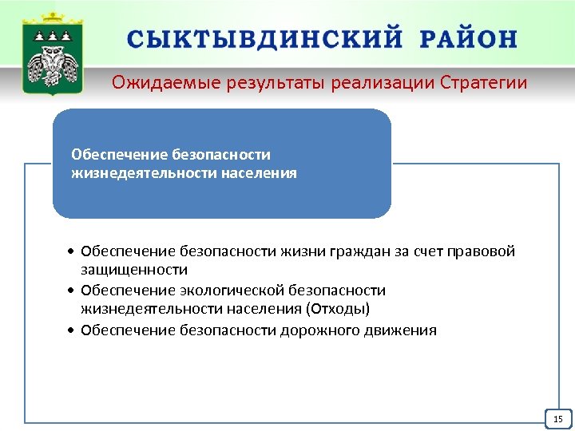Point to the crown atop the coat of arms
coord(53,19)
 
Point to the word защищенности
coord(134,271)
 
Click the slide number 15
coord(557,419)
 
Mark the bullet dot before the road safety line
coord(72,330)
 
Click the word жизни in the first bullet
coord(299,252)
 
